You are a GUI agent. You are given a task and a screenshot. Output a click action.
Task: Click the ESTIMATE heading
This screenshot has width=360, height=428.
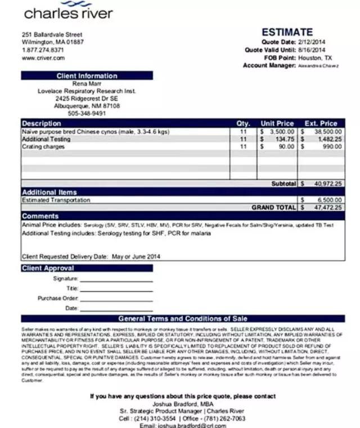tap(287, 33)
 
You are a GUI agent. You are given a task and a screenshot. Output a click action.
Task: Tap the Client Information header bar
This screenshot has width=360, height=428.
tap(87, 76)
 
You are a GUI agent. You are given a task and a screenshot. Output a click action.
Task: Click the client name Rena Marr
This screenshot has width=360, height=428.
tap(87, 83)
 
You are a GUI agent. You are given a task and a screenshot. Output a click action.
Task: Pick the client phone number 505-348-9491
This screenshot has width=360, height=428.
tap(87, 113)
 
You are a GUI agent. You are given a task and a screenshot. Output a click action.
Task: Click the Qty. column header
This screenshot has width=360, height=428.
tap(243, 123)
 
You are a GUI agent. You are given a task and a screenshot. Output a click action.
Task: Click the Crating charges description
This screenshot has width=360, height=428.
tap(43, 146)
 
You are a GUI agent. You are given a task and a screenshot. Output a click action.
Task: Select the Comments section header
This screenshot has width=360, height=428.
tap(40, 216)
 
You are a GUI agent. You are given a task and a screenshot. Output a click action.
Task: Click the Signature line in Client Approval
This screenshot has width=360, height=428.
tap(116, 279)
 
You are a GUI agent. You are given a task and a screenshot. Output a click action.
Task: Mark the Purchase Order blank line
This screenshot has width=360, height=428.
tap(116, 298)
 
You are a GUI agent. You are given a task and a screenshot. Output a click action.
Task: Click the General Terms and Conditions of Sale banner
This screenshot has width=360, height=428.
tap(183, 319)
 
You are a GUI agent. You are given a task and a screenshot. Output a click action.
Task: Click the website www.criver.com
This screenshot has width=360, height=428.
tap(43, 58)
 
